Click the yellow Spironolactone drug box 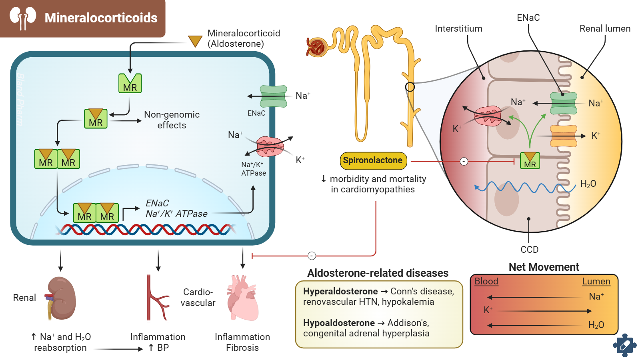373,161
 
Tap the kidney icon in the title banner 23,18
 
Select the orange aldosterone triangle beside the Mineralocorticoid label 195,41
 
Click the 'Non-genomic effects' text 172,120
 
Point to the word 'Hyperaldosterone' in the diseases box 340,292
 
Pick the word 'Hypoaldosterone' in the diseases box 339,323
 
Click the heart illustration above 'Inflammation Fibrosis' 242,298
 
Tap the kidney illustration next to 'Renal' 61,298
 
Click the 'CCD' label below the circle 529,250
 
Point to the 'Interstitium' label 458,29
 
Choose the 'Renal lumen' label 605,29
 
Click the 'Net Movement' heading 544,267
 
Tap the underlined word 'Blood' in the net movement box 486,282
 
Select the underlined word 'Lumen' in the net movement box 596,282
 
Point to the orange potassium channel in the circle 564,136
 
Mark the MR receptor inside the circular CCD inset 530,161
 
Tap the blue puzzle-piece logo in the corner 624,345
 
